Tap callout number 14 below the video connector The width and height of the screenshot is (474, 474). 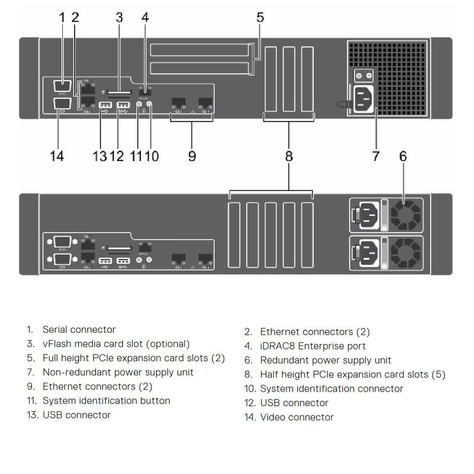pyautogui.click(x=57, y=156)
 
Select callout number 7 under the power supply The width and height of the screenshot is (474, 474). pyautogui.click(x=376, y=156)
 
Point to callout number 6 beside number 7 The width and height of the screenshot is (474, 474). pyautogui.click(x=403, y=156)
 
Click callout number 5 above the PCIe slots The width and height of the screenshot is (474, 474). pyautogui.click(x=260, y=17)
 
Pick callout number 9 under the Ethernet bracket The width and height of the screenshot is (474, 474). pyautogui.click(x=192, y=156)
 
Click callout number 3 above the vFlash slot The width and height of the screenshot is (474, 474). pyautogui.click(x=119, y=17)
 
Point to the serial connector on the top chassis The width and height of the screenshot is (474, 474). pyautogui.click(x=62, y=86)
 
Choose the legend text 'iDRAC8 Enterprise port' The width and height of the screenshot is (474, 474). pyautogui.click(x=313, y=346)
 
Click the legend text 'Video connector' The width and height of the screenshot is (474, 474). pyautogui.click(x=297, y=417)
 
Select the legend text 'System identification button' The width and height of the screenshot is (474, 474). pyautogui.click(x=106, y=401)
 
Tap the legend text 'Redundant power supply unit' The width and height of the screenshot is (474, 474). pyautogui.click(x=325, y=360)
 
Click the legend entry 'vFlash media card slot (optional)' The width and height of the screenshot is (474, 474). pyautogui.click(x=116, y=344)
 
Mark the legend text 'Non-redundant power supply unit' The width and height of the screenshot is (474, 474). pyautogui.click(x=118, y=372)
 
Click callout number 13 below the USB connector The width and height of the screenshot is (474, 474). pyautogui.click(x=100, y=156)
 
